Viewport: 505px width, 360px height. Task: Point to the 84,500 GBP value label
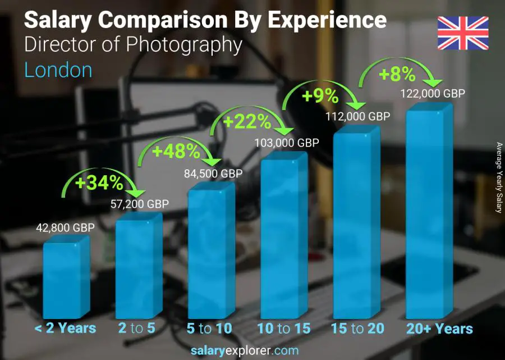(x=212, y=174)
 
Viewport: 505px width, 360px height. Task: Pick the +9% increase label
(x=320, y=96)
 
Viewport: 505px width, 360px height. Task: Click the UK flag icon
(x=463, y=33)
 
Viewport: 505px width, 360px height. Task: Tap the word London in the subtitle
(x=58, y=70)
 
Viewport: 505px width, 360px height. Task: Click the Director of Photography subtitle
(x=134, y=45)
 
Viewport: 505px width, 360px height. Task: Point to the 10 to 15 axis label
(x=283, y=329)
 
